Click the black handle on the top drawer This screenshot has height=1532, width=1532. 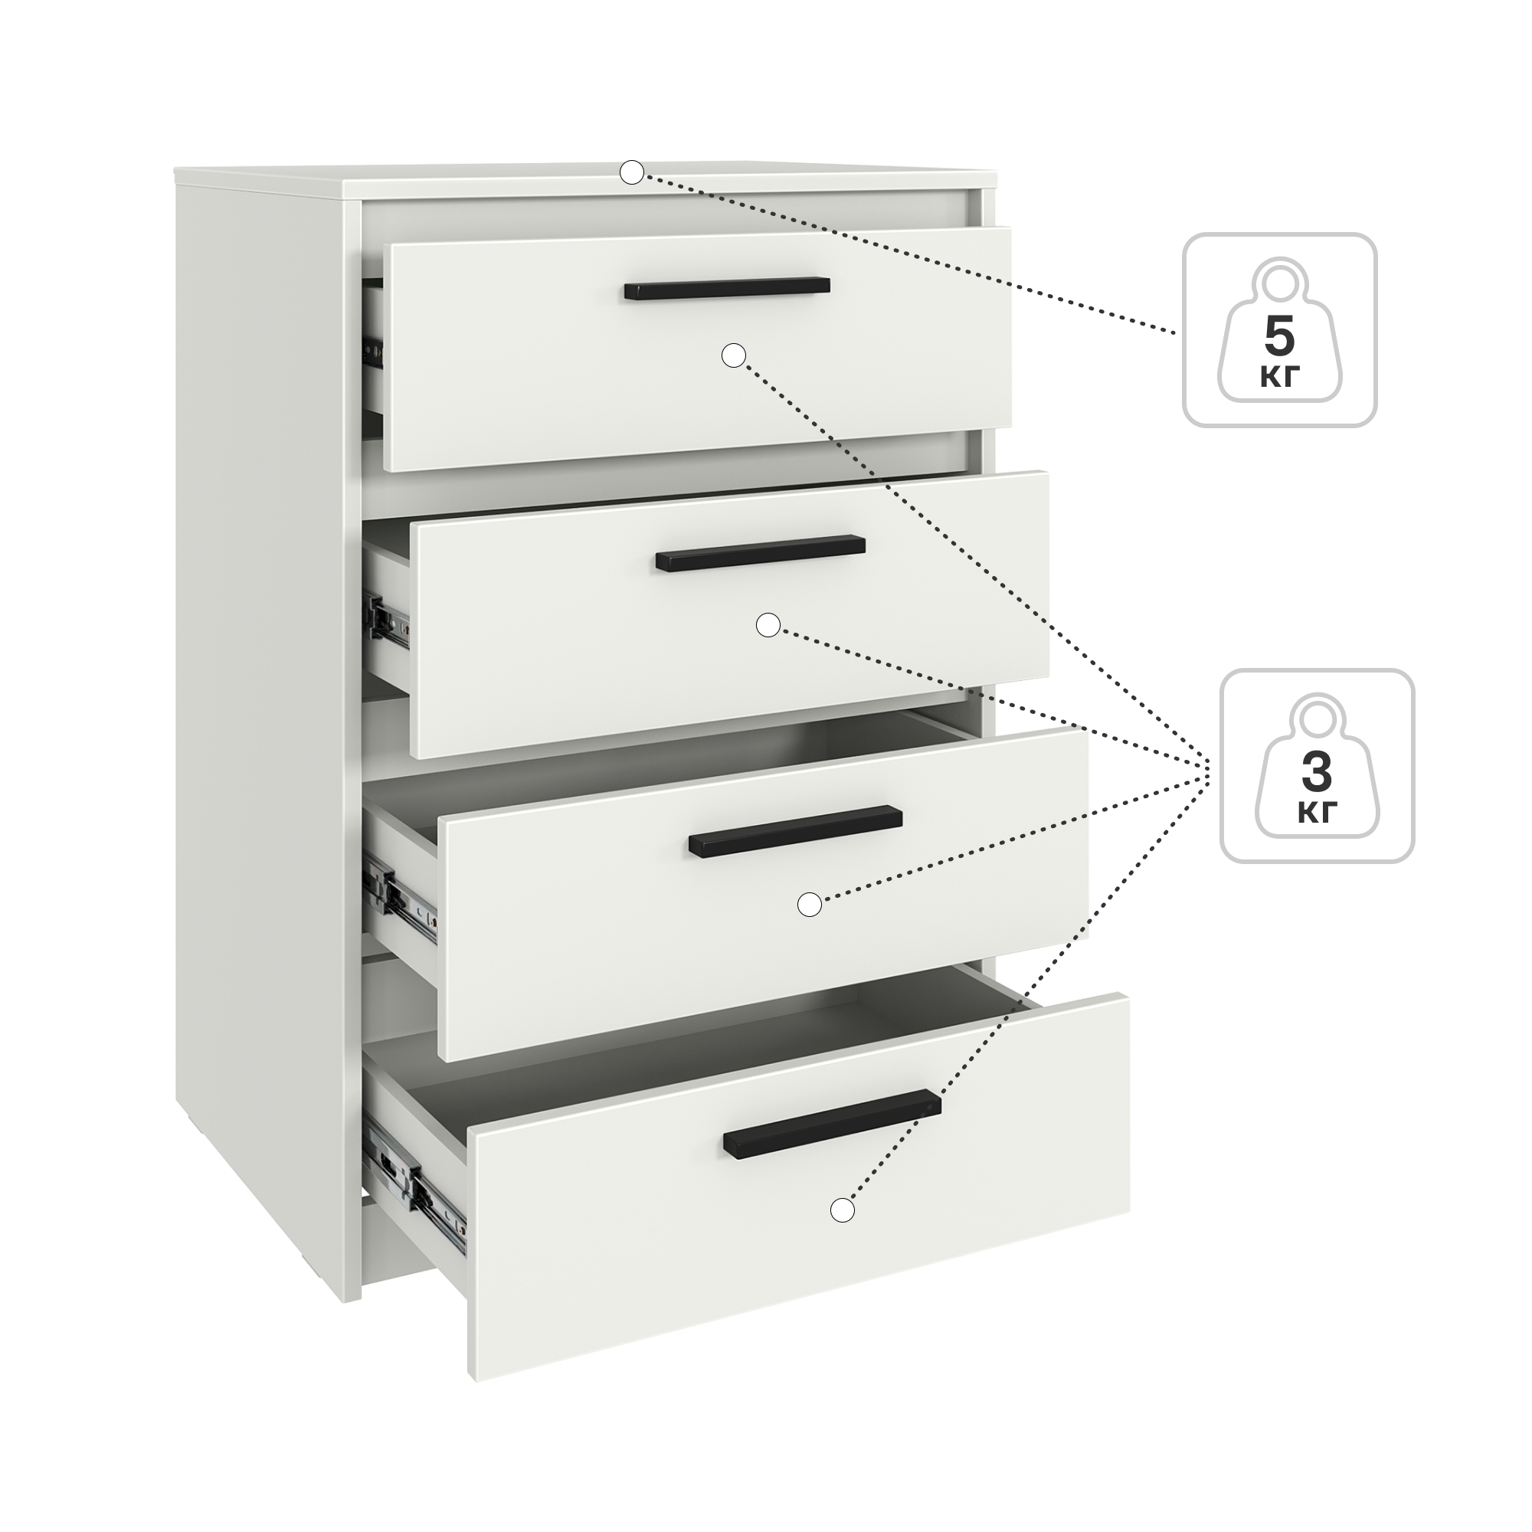click(x=726, y=288)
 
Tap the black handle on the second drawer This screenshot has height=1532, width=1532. click(x=761, y=553)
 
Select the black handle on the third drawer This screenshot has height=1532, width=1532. click(x=795, y=831)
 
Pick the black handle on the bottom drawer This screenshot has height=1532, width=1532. click(x=832, y=1124)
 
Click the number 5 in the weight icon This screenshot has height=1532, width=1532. click(x=1279, y=337)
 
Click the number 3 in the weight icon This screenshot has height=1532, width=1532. click(x=1317, y=773)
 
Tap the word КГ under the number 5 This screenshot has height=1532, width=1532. click(x=1279, y=378)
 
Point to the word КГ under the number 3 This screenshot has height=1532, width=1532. click(x=1317, y=813)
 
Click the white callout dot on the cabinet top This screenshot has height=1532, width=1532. click(x=631, y=172)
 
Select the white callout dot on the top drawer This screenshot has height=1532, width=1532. click(x=734, y=355)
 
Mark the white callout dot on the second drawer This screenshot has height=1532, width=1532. click(x=768, y=625)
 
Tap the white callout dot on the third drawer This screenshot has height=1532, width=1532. click(x=809, y=904)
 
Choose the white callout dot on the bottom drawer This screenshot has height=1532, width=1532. click(x=842, y=1232)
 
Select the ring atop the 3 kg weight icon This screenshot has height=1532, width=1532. click(x=1317, y=719)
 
